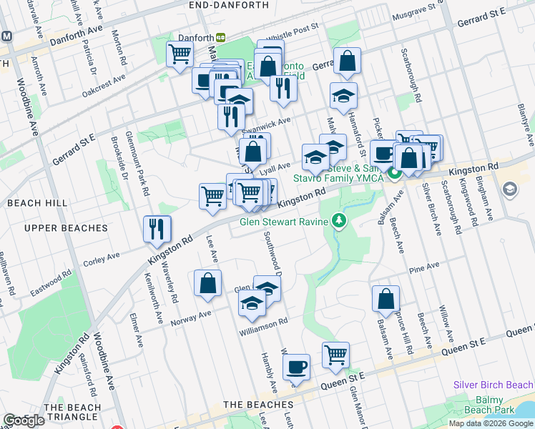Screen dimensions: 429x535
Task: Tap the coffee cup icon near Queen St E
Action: coord(296,368)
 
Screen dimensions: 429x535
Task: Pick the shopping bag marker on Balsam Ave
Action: coord(386,299)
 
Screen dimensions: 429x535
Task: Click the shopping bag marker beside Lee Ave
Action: coord(207,283)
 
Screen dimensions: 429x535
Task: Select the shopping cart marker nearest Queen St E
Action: coord(335,355)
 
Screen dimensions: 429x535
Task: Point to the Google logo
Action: coord(24,420)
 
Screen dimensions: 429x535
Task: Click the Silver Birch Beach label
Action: coord(493,385)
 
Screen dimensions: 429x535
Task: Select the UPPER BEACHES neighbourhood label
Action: coord(65,228)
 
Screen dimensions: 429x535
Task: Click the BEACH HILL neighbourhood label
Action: coord(37,203)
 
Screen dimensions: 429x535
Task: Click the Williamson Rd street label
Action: coord(263,322)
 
